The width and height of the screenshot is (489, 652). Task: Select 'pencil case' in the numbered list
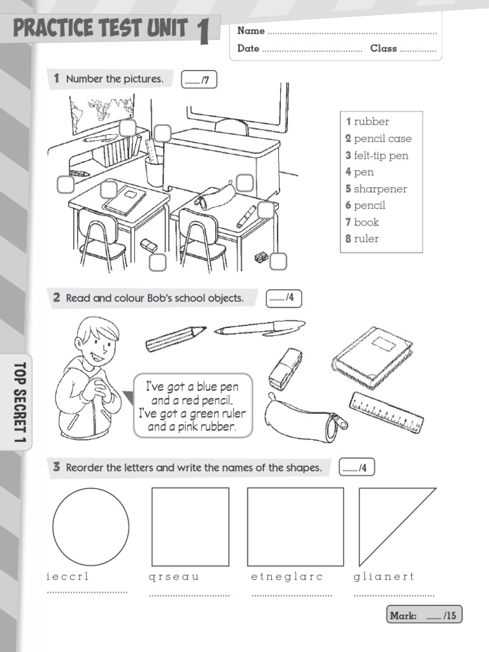point(383,139)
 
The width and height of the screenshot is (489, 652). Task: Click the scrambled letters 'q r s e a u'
point(174,577)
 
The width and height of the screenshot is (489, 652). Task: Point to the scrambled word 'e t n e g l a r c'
point(287,577)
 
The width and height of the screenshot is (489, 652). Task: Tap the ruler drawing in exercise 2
point(386,413)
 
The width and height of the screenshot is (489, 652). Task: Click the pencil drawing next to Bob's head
point(176,338)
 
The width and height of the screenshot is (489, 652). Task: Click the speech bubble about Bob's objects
point(192,406)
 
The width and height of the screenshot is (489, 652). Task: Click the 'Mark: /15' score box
point(424,616)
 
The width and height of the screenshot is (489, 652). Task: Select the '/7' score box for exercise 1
point(199,80)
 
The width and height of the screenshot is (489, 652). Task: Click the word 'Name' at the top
point(251,31)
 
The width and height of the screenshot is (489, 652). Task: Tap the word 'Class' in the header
point(383,48)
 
